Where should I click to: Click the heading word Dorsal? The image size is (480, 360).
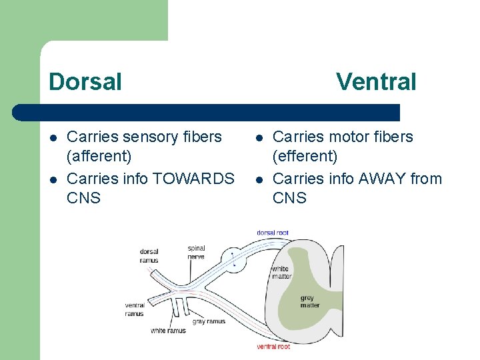tap(85, 82)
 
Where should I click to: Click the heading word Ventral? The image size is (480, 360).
tap(376, 82)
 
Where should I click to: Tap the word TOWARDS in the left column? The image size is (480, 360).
tap(193, 179)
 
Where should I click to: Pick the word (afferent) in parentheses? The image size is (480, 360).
tap(99, 157)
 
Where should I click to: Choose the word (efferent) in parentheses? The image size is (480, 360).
tap(305, 157)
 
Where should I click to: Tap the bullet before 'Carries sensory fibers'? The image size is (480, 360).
tap(53, 137)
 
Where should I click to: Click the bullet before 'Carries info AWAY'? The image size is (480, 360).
tap(259, 179)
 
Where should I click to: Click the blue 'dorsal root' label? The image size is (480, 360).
tap(272, 233)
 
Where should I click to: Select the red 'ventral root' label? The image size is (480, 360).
tap(273, 347)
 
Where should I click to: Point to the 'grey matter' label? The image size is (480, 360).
tap(310, 301)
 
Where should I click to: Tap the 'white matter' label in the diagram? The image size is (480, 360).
tap(281, 273)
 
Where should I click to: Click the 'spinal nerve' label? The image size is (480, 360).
tap(196, 252)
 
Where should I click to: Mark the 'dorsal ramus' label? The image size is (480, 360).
tap(149, 256)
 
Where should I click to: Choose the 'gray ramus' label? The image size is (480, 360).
tap(209, 321)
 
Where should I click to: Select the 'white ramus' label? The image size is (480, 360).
tap(168, 331)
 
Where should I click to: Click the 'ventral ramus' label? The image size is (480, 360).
tap(134, 309)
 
